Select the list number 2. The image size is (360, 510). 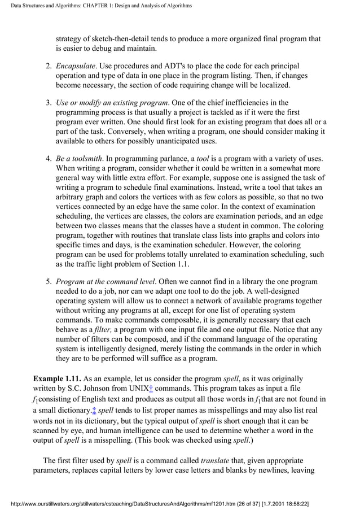point(48,66)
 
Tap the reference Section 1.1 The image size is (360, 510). point(169,264)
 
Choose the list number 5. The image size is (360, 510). point(48,281)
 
